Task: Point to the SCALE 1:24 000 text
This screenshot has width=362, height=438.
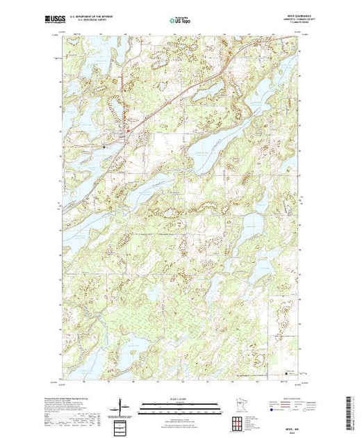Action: point(181,398)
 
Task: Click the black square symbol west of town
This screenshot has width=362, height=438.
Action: point(104,147)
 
